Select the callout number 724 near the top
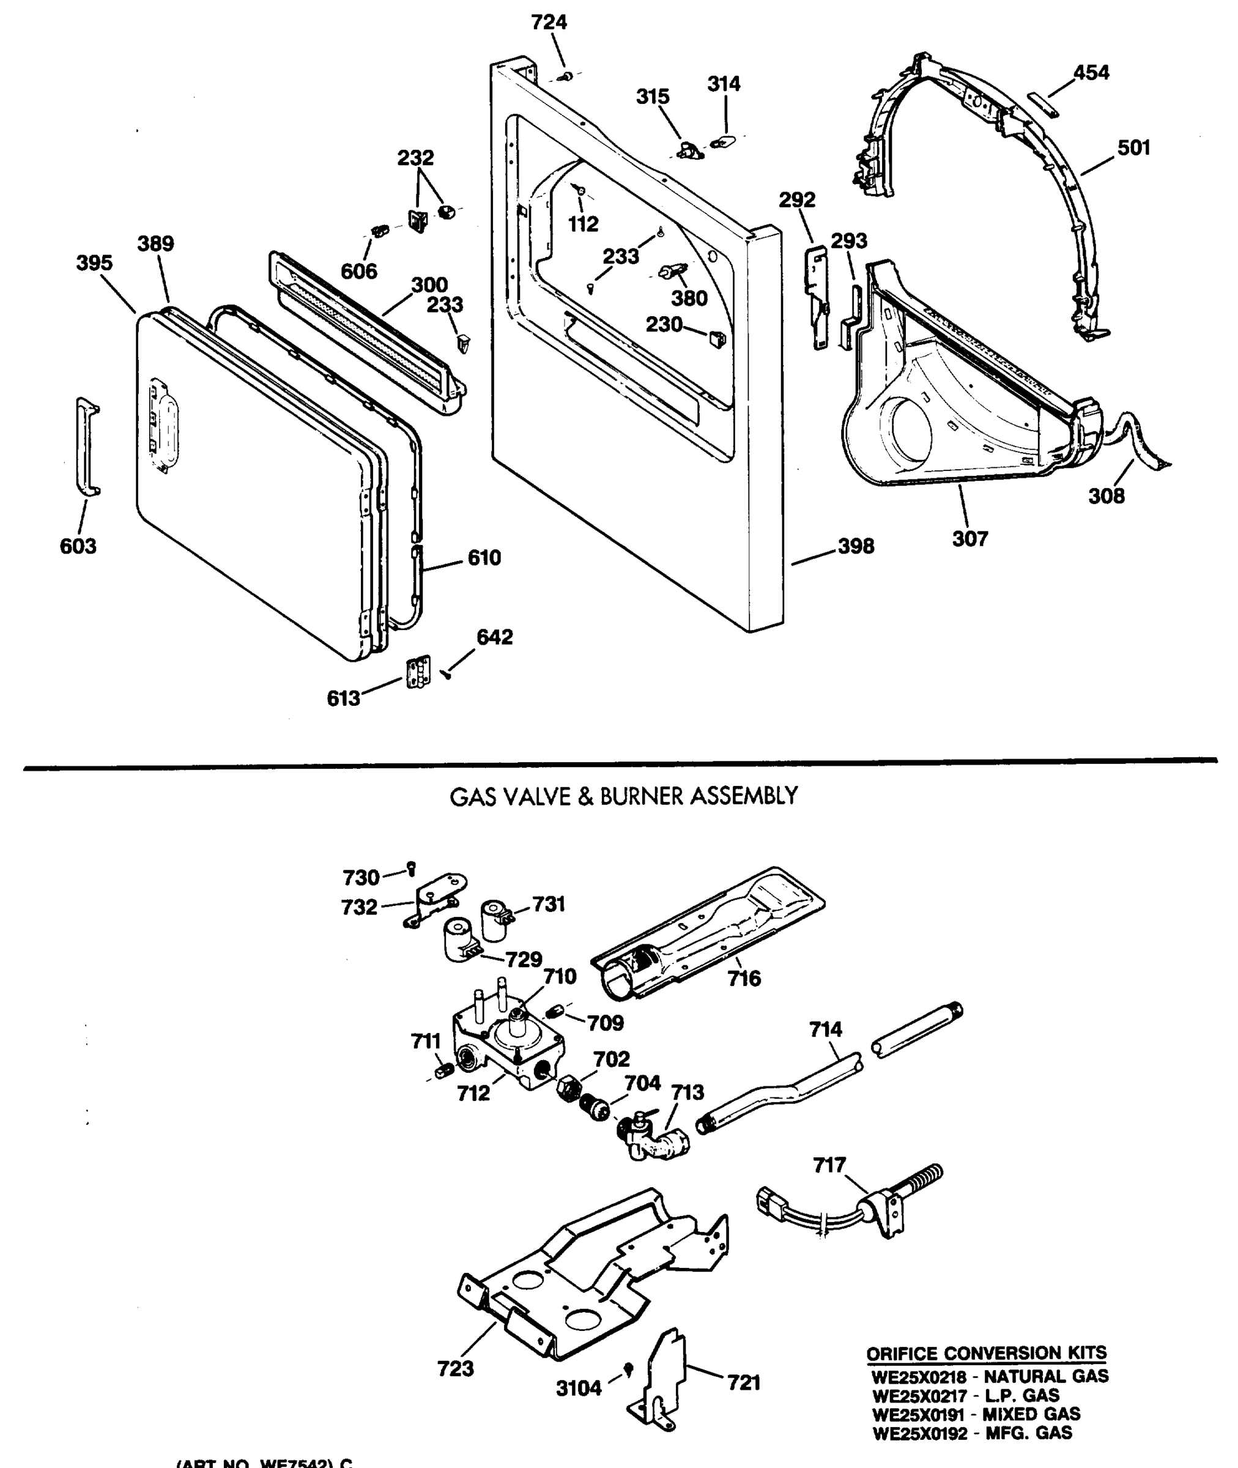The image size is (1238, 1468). [x=549, y=23]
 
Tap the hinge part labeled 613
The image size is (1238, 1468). [x=419, y=672]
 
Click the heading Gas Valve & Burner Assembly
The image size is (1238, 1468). [x=623, y=796]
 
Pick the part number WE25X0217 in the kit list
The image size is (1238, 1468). [x=919, y=1396]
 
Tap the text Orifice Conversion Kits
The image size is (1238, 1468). [x=986, y=1353]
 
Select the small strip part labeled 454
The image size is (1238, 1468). [x=1043, y=102]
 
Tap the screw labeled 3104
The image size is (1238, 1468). [x=629, y=1368]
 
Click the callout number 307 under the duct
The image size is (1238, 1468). [x=970, y=538]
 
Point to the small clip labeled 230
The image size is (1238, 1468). [x=716, y=338]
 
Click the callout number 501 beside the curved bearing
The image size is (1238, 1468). [x=1133, y=147]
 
